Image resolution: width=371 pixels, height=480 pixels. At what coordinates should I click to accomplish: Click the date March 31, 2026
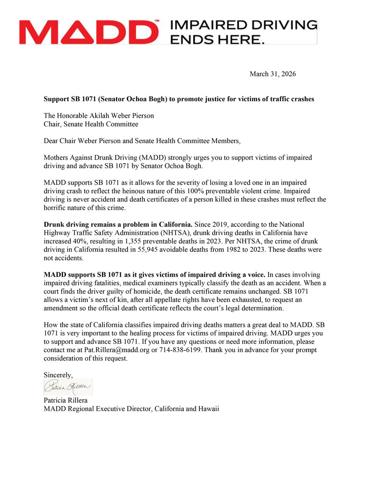pyautogui.click(x=272, y=74)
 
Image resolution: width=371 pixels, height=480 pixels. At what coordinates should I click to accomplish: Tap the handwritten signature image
pyautogui.click(x=68, y=387)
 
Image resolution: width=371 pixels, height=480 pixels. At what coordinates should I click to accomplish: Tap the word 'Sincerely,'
pyautogui.click(x=58, y=374)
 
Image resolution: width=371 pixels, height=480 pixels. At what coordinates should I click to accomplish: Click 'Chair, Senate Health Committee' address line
pyautogui.click(x=91, y=124)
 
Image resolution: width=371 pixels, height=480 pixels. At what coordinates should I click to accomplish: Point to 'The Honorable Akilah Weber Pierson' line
pyautogui.click(x=99, y=116)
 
